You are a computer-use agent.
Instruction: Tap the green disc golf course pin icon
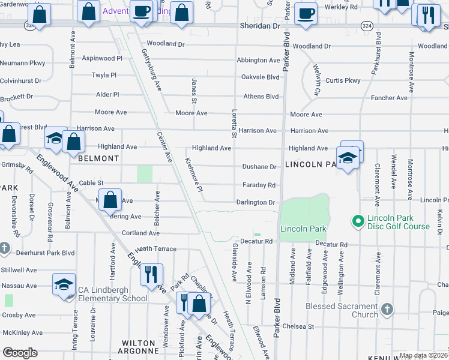click(358, 222)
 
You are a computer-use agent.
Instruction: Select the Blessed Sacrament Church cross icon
click(387, 310)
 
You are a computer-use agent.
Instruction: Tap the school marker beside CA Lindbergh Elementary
click(64, 286)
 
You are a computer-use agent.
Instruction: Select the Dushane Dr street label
click(259, 167)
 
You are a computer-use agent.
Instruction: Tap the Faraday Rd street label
click(259, 185)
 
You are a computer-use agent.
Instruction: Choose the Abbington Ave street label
click(258, 60)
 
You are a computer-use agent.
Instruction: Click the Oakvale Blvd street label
click(260, 77)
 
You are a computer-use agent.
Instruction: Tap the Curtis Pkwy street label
click(343, 80)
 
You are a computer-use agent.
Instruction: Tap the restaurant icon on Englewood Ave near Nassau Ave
click(151, 274)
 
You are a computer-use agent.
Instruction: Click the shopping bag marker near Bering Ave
click(111, 200)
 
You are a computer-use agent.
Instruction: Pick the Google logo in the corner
click(20, 353)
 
